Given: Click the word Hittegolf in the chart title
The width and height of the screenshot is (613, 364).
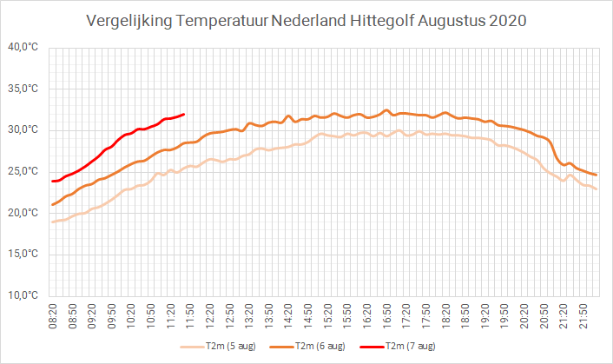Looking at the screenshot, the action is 381,21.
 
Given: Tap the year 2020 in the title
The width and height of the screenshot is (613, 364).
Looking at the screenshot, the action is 508,21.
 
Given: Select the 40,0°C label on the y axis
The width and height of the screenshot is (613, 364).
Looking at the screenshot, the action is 23,47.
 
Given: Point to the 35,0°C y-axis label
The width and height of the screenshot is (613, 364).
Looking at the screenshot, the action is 23,89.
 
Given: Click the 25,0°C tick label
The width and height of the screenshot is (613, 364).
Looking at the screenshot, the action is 23,171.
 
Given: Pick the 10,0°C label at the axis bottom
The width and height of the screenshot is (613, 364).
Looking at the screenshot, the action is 23,295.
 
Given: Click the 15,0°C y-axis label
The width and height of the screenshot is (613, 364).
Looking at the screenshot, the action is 23,255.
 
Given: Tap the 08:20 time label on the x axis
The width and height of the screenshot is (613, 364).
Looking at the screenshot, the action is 53,316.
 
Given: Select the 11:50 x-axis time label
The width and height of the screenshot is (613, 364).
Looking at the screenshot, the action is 190,316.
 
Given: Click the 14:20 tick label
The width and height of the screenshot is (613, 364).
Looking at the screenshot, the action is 288,316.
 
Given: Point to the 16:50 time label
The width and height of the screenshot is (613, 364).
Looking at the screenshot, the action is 386,316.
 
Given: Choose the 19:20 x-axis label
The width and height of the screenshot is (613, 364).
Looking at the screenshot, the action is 485,316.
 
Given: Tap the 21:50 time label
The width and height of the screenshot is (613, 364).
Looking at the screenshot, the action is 583,316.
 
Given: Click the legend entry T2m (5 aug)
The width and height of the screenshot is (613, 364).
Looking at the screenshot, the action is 218,347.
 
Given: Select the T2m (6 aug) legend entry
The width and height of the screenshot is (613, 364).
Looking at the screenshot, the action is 307,347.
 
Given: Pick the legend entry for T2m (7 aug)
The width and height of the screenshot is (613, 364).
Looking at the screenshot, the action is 398,347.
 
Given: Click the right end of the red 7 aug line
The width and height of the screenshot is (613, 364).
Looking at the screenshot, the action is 184,115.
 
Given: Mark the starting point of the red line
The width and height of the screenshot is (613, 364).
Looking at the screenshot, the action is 52,181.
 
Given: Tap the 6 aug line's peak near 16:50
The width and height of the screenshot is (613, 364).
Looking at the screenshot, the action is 386,110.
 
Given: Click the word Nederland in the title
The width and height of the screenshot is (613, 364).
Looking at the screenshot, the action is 309,21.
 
